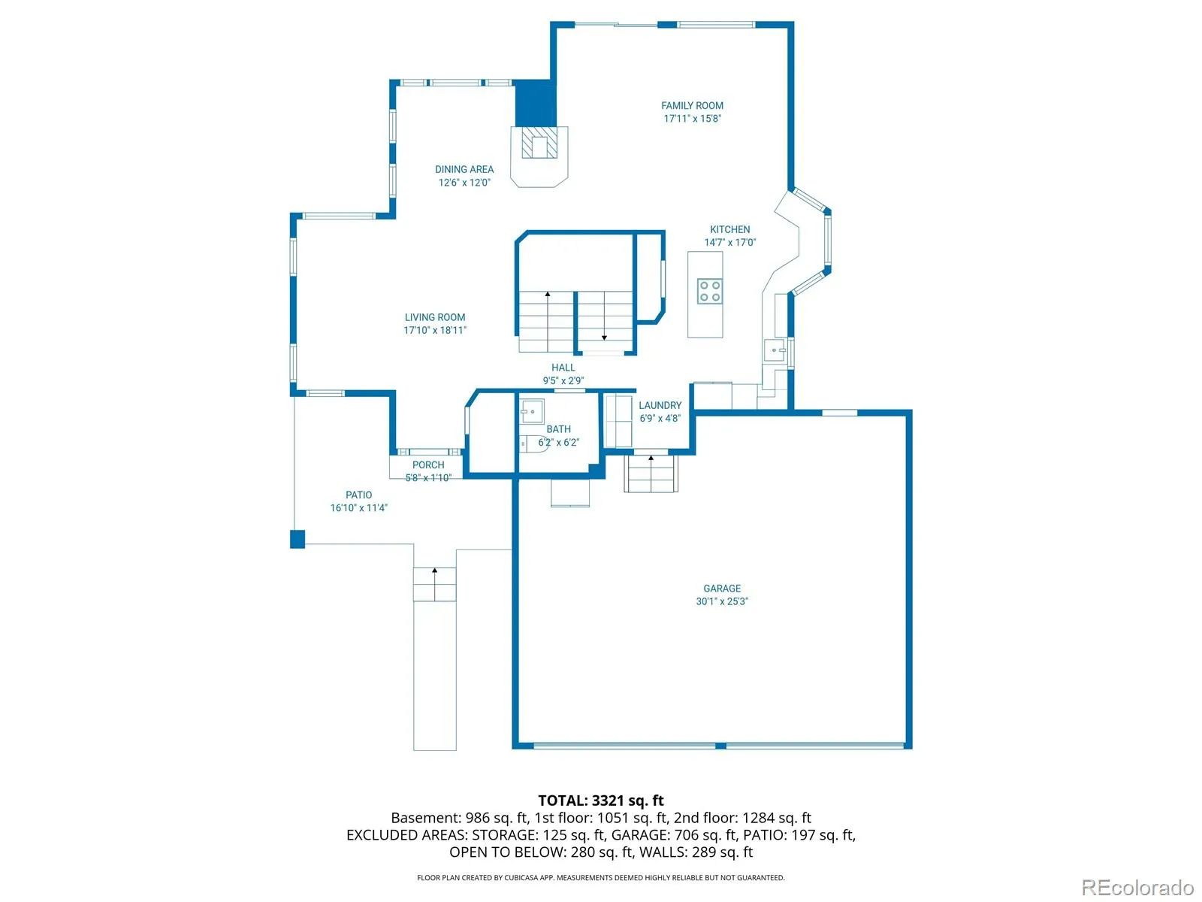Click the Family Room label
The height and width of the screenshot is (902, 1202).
692,106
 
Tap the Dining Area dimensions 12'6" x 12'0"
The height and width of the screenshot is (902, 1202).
464,183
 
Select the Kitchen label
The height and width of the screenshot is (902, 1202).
729,229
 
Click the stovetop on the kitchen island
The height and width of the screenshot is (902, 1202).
709,291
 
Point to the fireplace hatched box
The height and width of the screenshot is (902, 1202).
539,142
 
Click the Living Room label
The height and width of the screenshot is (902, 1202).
435,317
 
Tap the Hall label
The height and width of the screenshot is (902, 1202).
563,368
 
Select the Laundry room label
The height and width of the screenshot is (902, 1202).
660,405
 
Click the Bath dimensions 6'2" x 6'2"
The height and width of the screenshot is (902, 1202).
558,442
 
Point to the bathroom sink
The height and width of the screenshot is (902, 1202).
531,410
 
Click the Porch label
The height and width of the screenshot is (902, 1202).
427,465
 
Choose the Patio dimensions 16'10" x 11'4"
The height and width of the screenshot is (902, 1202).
358,507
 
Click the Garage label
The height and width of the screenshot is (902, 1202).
722,589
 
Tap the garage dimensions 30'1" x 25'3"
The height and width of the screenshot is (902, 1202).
722,601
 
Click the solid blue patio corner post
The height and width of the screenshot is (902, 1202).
297,539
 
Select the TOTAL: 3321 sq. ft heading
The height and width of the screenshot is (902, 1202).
601,801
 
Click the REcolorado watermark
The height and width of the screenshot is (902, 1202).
1138,887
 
